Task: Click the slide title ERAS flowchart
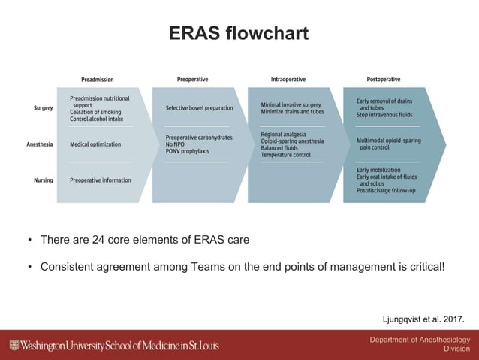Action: coord(239,35)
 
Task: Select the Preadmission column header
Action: coord(98,79)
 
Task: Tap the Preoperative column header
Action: coord(192,79)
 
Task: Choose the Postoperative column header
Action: coord(383,79)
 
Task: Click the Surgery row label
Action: coord(43,108)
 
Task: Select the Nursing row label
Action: coord(43,180)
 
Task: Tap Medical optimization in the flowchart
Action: coord(95,144)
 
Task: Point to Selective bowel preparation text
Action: coord(199,108)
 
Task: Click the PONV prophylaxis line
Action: coord(188,151)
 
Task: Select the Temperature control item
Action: coord(285,155)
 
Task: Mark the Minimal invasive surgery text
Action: coord(291,104)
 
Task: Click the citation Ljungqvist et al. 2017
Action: coord(423,319)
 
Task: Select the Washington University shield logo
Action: coord(14,346)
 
